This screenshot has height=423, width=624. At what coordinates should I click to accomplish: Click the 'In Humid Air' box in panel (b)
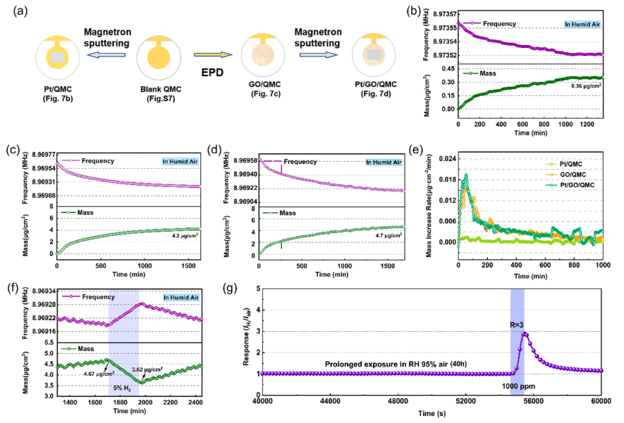582,23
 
